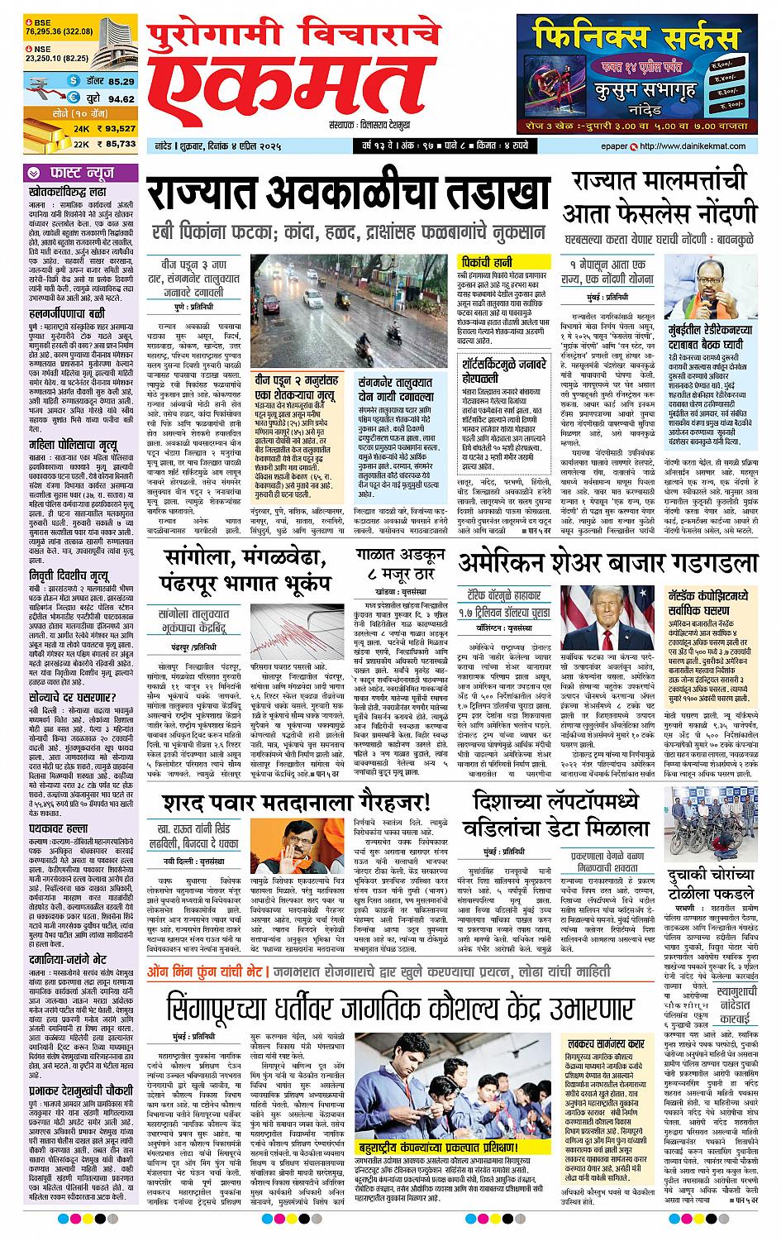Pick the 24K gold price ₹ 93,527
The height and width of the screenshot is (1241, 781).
(113, 129)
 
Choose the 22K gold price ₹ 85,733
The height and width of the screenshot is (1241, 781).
(113, 144)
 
